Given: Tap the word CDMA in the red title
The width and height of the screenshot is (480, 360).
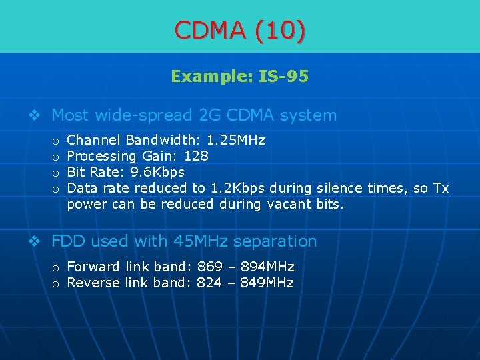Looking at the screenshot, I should [x=211, y=29].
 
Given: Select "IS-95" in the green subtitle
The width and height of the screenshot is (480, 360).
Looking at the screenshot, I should [x=284, y=77].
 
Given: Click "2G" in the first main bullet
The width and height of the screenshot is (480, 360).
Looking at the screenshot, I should [x=211, y=115].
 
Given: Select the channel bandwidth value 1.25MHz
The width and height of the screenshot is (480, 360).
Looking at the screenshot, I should [x=236, y=141].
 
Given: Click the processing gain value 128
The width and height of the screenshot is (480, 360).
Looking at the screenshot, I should [x=196, y=157].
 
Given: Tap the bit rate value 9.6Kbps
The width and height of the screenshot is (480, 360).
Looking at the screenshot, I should [x=157, y=173].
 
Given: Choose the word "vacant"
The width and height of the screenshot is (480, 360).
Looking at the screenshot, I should [x=289, y=205].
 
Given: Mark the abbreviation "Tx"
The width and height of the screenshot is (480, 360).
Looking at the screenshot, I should [x=441, y=189].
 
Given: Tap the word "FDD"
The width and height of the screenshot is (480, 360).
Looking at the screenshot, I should [x=70, y=241].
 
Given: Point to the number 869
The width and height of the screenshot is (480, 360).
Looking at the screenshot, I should [x=210, y=267].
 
